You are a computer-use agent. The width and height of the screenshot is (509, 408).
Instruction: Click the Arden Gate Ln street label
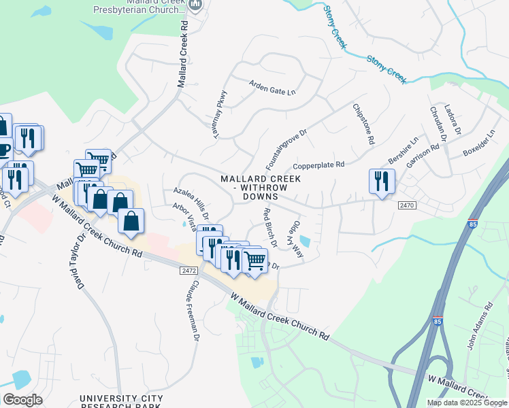click(272, 88)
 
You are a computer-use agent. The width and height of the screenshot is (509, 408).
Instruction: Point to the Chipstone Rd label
click(364, 124)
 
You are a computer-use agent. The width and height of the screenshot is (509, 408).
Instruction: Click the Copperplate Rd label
click(319, 165)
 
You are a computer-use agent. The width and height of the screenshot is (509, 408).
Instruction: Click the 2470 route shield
click(406, 205)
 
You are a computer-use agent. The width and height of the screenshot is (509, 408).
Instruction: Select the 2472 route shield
click(188, 271)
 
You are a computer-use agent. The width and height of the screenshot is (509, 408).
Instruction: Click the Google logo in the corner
click(22, 399)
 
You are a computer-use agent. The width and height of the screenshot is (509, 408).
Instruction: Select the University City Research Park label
click(121, 402)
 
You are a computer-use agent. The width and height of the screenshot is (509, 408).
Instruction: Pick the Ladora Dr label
click(453, 119)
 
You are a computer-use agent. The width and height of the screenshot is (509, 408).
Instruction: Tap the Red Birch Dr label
click(269, 226)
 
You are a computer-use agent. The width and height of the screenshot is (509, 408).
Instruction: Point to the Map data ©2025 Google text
click(466, 403)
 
